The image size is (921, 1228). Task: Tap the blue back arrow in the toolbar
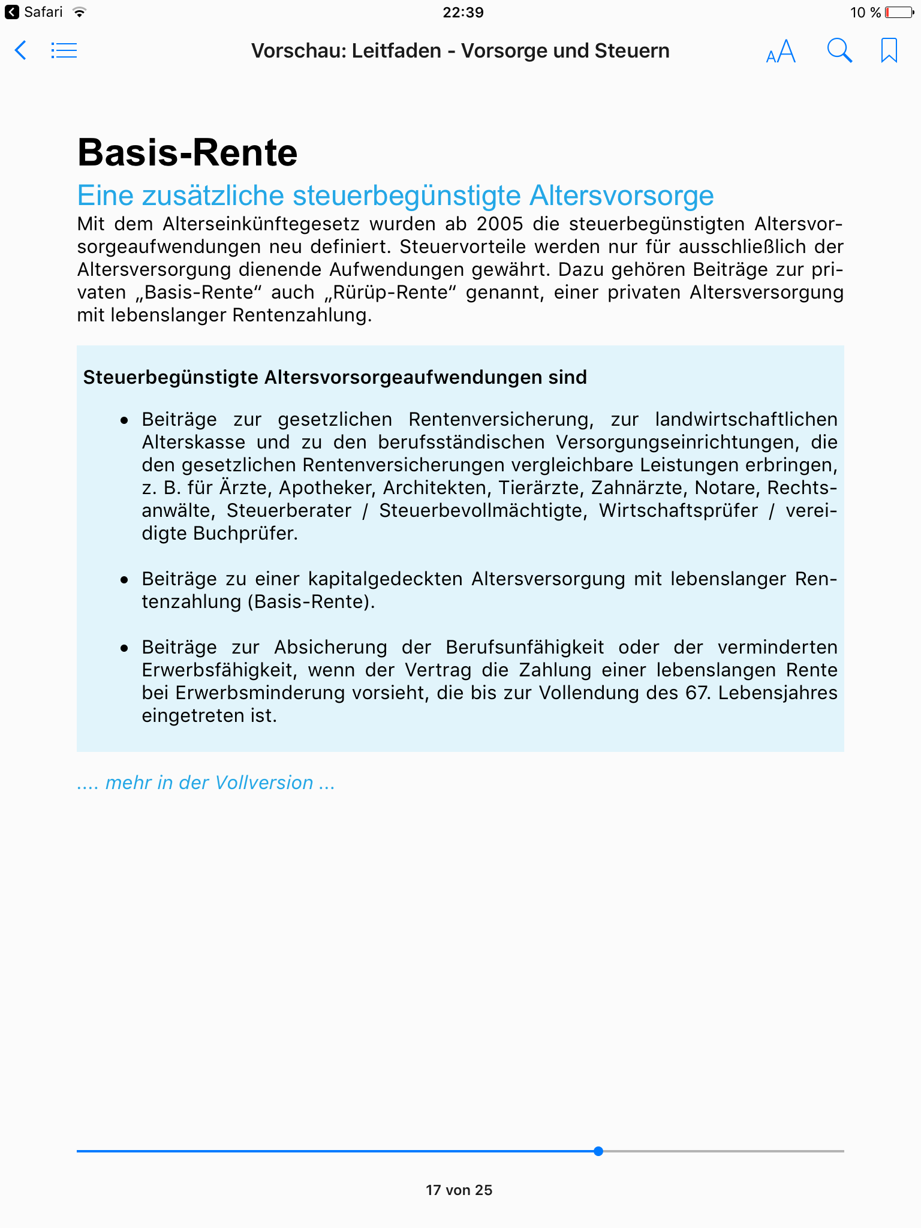click(x=20, y=50)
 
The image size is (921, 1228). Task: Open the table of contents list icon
click(x=64, y=50)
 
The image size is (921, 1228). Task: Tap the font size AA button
click(x=781, y=52)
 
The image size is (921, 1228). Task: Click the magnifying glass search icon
click(x=839, y=50)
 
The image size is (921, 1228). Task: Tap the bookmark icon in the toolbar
click(x=889, y=50)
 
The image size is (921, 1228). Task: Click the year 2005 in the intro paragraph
click(x=501, y=224)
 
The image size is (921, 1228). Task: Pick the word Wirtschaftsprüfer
click(x=679, y=511)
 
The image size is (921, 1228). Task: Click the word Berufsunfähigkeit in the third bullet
click(x=525, y=648)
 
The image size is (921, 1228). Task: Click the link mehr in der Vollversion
click(x=206, y=783)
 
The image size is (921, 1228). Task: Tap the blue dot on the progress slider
click(x=598, y=1151)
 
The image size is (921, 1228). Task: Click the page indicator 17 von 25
click(x=459, y=1190)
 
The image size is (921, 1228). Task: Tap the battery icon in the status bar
click(x=899, y=13)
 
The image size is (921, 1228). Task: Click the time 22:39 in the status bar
click(x=463, y=13)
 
